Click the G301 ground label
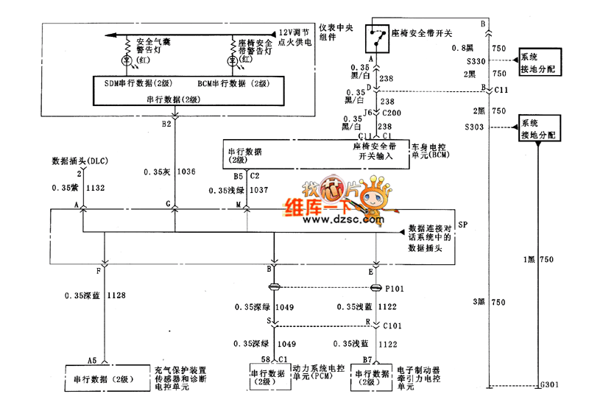coord(550,384)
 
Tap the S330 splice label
coord(476,61)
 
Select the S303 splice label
coord(476,127)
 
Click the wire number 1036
coord(187,172)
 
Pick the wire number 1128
coord(116,295)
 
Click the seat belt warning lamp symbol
coord(231,59)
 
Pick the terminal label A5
coord(92,361)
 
